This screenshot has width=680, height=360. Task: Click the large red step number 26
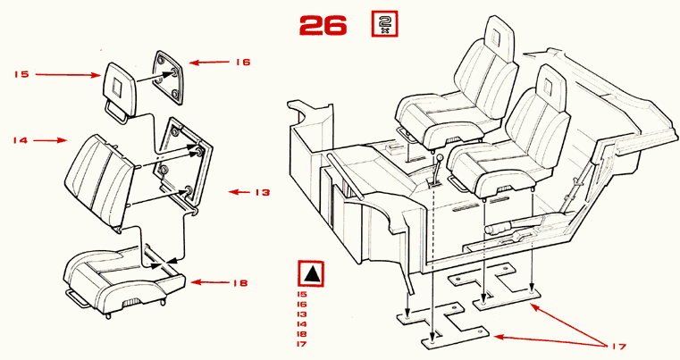click(x=323, y=25)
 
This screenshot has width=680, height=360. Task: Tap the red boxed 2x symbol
click(x=384, y=24)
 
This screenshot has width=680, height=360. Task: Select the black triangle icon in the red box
click(x=311, y=273)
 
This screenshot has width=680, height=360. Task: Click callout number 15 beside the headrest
click(x=21, y=74)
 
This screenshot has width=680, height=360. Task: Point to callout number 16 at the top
click(x=243, y=62)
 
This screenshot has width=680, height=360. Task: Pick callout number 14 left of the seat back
click(x=20, y=140)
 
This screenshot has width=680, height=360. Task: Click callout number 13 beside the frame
click(x=263, y=192)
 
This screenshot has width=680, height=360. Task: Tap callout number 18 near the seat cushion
click(x=239, y=283)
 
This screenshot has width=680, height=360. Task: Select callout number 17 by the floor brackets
click(x=619, y=346)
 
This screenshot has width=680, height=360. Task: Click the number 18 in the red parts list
click(x=302, y=334)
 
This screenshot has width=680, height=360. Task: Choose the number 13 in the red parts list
click(x=302, y=314)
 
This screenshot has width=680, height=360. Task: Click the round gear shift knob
click(x=440, y=157)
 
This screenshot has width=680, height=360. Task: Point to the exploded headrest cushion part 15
click(x=119, y=91)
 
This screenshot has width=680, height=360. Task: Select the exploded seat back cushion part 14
click(x=100, y=182)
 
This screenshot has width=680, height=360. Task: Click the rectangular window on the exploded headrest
click(x=117, y=85)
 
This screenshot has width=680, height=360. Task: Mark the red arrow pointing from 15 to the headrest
click(x=68, y=75)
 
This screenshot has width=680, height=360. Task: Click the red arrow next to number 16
click(x=209, y=63)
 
